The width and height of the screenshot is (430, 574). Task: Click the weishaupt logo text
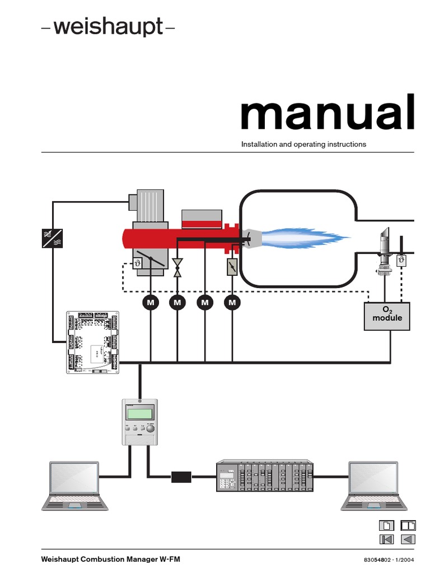tap(108, 26)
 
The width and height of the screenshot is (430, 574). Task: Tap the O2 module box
tap(387, 316)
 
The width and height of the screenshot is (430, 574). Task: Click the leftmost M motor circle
tap(150, 303)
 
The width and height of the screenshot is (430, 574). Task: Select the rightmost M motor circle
tap(232, 303)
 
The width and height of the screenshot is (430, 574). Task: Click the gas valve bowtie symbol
tap(178, 267)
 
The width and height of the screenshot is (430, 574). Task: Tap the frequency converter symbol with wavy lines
tap(53, 238)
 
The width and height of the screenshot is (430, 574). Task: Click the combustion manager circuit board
tap(94, 341)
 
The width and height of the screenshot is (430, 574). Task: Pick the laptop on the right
tap(373, 485)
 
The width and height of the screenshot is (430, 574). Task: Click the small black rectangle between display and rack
tap(181, 477)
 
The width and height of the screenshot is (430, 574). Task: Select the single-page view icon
tap(387, 525)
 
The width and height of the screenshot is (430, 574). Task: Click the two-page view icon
tap(408, 525)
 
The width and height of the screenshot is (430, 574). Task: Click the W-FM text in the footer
tap(169, 559)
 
